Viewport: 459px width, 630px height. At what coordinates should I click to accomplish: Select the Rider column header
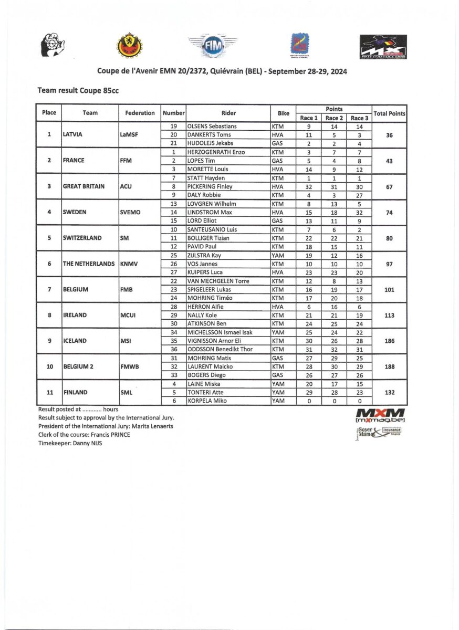[x=228, y=113]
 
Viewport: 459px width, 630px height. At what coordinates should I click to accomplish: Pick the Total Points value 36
[x=389, y=134]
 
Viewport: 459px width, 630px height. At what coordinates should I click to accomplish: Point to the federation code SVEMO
[x=131, y=212]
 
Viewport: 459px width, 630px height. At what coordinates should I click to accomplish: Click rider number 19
[x=173, y=126]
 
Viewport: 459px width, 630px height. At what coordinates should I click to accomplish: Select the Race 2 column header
[x=334, y=118]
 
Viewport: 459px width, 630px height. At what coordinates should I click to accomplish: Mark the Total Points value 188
[x=389, y=366]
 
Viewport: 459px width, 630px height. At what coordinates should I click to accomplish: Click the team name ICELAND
[x=75, y=341]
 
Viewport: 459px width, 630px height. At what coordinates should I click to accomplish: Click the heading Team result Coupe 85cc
[x=78, y=90]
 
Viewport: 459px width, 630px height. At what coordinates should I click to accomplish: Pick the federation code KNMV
[x=129, y=264]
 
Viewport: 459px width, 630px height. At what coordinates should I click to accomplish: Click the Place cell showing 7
[x=49, y=289]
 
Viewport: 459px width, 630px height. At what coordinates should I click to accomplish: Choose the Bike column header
[x=283, y=113]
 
